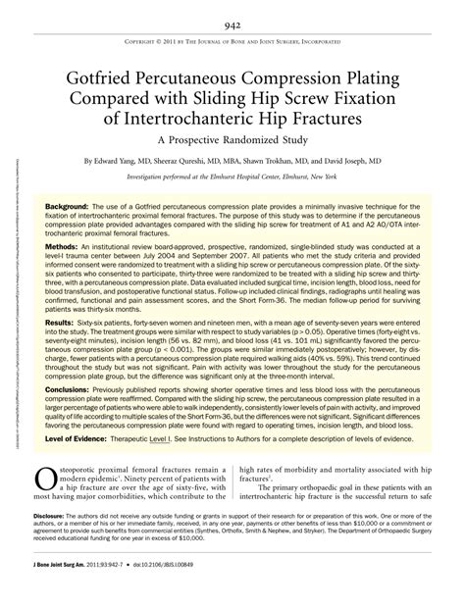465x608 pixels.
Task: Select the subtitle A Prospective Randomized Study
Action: (232, 139)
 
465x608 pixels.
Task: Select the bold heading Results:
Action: (61, 349)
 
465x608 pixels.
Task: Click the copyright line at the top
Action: (232, 43)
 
